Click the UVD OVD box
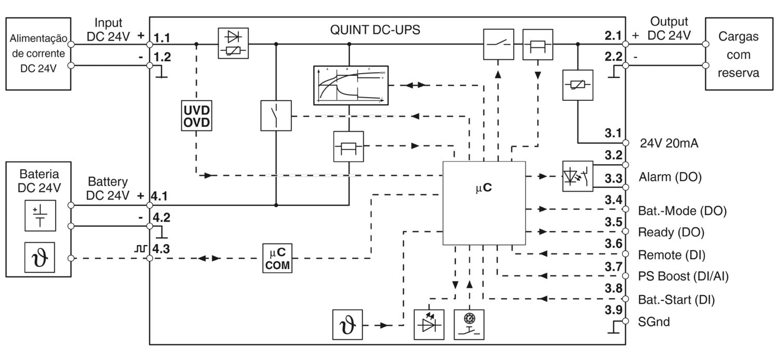(x=196, y=116)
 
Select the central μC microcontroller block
(x=484, y=203)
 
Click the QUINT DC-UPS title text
(x=375, y=30)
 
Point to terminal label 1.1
(x=162, y=38)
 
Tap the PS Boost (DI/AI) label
(x=682, y=276)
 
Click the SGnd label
(x=654, y=322)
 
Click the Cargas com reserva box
(x=738, y=55)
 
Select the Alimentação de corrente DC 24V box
(x=39, y=54)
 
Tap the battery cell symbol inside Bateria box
(x=39, y=216)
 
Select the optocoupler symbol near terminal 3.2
(x=577, y=177)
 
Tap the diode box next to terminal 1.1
(x=232, y=44)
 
